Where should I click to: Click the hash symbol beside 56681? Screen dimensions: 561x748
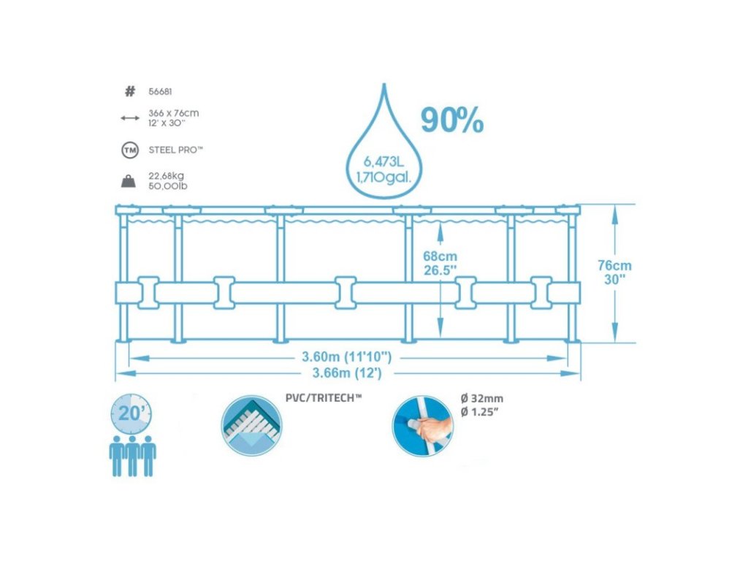coord(130,91)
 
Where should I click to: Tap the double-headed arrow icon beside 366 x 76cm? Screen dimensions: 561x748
coord(129,117)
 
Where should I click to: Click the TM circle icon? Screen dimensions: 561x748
coord(129,150)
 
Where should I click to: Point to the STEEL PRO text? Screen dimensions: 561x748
coord(175,150)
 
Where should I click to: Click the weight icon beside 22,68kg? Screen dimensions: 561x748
coord(129,180)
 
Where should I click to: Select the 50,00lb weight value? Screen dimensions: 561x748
coord(168,186)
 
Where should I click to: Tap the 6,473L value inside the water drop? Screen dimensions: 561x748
coord(383,161)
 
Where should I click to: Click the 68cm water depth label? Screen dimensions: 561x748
coord(440,256)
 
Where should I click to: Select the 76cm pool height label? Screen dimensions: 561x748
coord(614,265)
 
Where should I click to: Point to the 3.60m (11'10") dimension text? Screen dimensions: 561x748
coord(347,357)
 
